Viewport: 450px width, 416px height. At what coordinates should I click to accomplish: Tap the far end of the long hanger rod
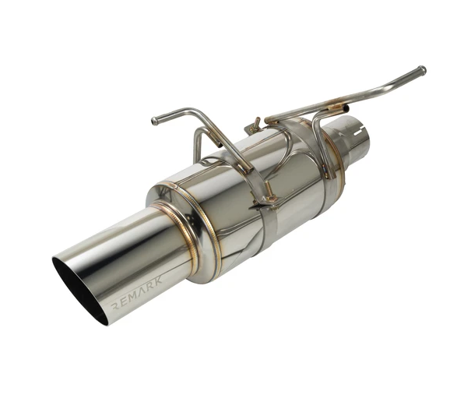tap(421, 70)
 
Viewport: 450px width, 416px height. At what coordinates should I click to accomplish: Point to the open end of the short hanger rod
tap(155, 121)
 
